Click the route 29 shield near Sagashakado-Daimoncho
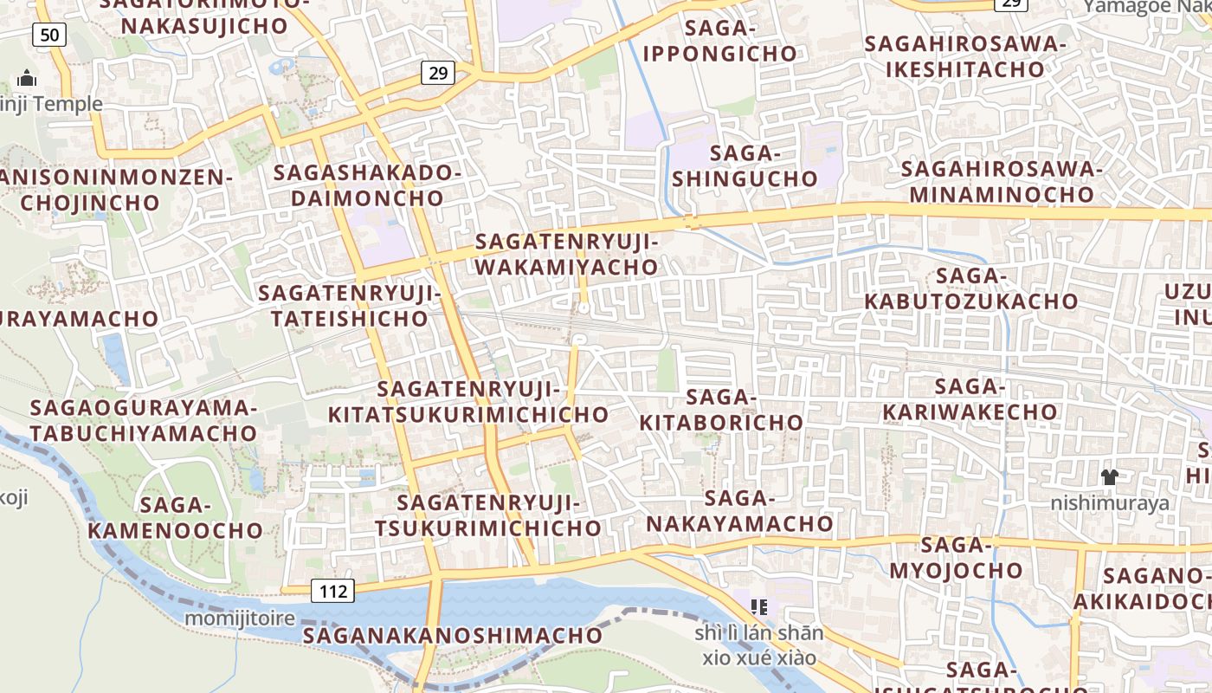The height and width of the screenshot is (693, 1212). click(438, 73)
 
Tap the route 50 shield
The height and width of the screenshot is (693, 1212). click(49, 35)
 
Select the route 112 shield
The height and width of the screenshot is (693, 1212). click(332, 592)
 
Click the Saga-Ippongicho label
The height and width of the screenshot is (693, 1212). click(719, 41)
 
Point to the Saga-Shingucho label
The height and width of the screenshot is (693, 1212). click(745, 166)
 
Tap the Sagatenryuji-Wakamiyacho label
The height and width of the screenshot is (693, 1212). click(567, 254)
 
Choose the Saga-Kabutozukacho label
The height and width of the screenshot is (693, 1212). click(970, 288)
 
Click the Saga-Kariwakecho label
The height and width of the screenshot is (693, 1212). click(970, 398)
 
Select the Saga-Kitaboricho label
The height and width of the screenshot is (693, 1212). click(721, 410)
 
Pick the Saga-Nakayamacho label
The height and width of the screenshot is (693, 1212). click(739, 511)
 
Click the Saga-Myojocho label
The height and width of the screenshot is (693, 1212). click(956, 558)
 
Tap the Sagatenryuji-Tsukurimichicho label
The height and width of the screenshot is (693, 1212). click(487, 515)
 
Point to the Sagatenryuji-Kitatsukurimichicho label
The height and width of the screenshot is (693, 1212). click(468, 402)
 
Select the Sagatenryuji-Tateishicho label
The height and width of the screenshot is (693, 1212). click(350, 306)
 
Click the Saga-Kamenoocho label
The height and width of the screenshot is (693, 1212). click(176, 517)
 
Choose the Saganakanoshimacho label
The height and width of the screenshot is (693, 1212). click(452, 635)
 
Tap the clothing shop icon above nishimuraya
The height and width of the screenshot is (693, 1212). click(1109, 476)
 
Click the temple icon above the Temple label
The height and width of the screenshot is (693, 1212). click(27, 79)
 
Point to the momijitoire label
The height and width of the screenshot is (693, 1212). click(240, 619)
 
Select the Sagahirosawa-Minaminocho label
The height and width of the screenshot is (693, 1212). click(1002, 181)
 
